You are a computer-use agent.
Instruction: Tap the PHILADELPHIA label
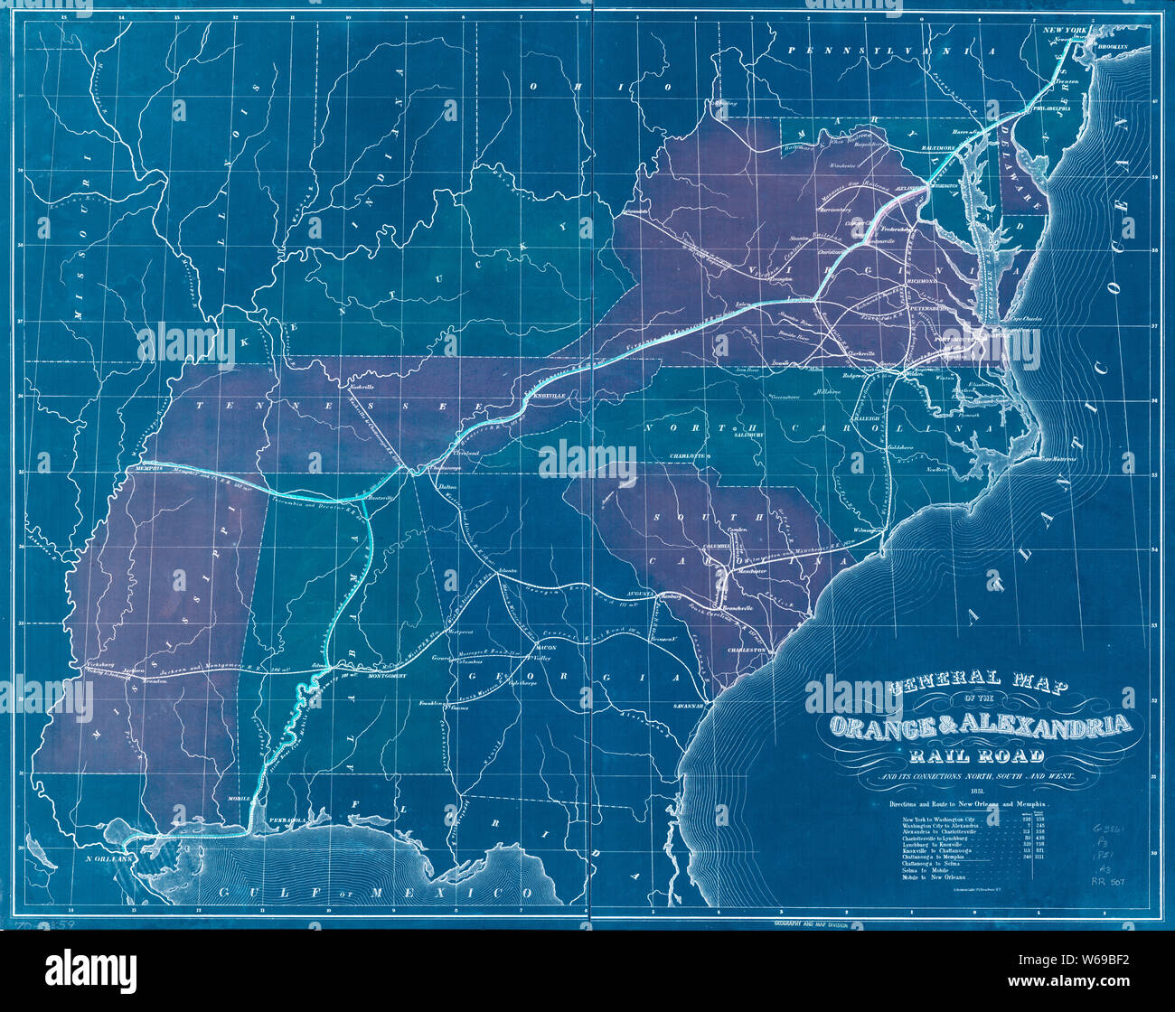pyautogui.click(x=1051, y=108)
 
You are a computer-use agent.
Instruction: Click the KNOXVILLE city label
pyautogui.click(x=550, y=396)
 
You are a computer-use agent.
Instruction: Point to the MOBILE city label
pyautogui.click(x=239, y=799)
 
